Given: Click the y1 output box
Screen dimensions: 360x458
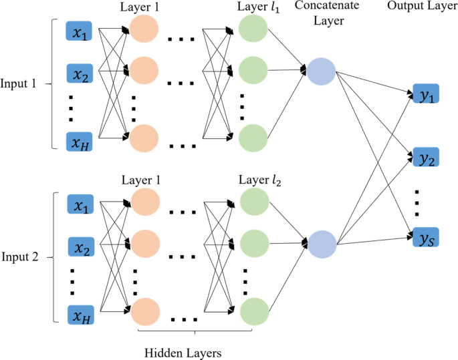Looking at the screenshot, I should coord(425,96).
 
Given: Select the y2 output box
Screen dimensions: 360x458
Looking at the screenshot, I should coord(425,159).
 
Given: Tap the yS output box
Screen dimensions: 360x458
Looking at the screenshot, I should coord(425,237).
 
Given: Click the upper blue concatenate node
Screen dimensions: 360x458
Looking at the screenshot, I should coord(322,70).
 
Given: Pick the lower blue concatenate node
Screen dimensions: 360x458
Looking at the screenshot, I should coord(322,244).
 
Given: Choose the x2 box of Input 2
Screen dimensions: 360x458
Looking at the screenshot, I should coord(82,248).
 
